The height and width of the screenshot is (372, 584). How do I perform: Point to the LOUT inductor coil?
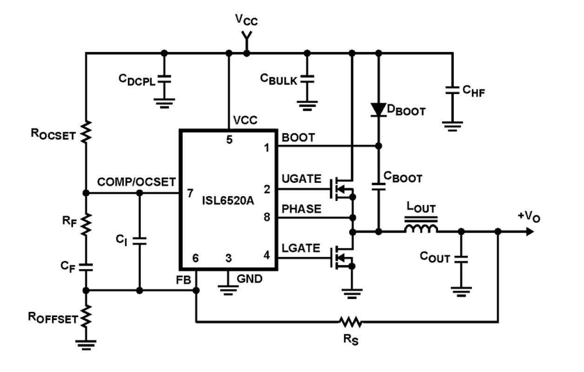click(421, 228)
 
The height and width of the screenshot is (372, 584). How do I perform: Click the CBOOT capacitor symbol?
click(378, 186)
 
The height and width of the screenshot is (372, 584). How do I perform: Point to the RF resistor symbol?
click(86, 225)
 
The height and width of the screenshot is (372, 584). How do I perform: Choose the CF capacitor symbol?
click(86, 266)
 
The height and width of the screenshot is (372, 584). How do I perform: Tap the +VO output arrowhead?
click(528, 231)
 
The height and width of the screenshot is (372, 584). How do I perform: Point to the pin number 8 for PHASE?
click(267, 217)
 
